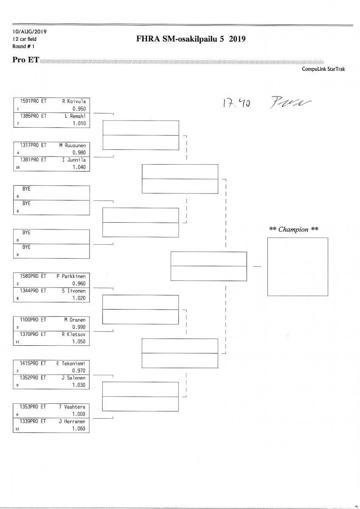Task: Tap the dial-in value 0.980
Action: coord(79,152)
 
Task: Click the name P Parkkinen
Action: coord(71,276)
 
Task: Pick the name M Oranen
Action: coord(75,320)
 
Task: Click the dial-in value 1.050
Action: coord(79,341)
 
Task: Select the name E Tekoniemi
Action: coord(71,364)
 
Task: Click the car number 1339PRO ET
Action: coord(33,422)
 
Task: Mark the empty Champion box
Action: coord(297,266)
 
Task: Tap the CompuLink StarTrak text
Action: coord(323,69)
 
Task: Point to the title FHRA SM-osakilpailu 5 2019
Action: coord(191,39)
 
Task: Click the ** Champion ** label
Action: coord(294,229)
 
